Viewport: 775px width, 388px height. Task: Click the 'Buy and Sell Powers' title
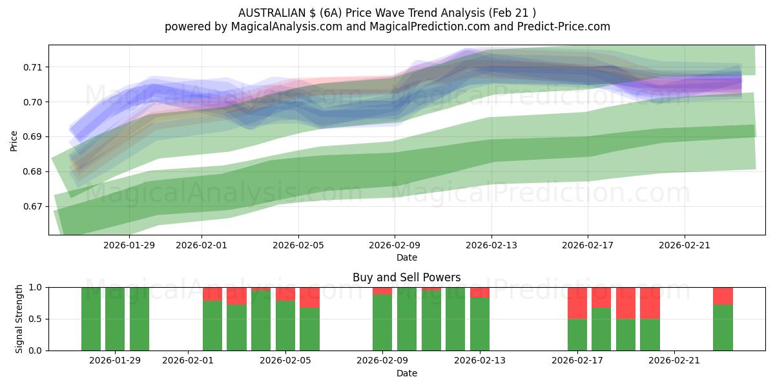point(406,277)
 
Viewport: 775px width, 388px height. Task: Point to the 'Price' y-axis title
point(14,140)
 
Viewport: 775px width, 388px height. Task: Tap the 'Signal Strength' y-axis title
point(19,318)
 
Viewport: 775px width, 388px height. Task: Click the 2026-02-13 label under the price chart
point(491,245)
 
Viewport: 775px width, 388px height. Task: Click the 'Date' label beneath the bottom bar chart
point(406,373)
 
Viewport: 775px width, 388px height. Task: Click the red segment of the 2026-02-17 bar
point(577,303)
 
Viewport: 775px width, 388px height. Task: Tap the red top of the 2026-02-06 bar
point(309,297)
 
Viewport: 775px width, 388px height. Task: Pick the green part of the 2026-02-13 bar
point(480,324)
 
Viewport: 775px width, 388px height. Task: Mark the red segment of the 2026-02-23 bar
point(723,296)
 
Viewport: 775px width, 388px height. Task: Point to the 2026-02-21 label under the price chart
point(685,245)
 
